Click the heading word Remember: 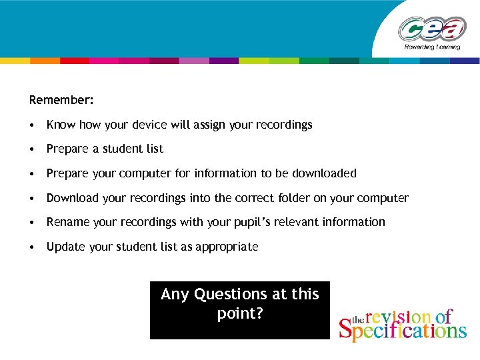click(61, 100)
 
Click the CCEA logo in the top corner click(433, 32)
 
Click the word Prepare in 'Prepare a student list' click(67, 149)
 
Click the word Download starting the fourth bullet click(72, 198)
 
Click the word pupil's click(227, 222)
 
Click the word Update click(65, 247)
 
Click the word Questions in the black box click(231, 294)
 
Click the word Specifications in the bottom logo click(403, 329)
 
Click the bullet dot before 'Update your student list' click(32, 247)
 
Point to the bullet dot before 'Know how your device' click(32, 125)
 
